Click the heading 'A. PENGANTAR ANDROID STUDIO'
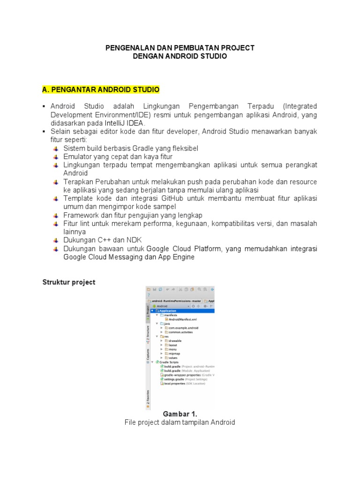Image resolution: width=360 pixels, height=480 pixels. point(101,89)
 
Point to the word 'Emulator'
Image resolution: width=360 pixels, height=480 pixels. point(77,157)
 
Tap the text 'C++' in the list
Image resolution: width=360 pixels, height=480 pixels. point(104,241)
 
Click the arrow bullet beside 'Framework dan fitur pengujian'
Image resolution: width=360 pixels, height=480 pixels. point(57,215)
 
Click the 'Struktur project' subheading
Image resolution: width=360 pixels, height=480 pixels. point(69,282)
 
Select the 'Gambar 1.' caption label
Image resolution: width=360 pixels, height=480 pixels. point(180,414)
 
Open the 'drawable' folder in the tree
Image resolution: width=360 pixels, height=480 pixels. point(175,341)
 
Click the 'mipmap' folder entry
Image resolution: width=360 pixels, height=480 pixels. point(174,353)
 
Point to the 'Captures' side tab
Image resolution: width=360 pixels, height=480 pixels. point(148,355)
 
